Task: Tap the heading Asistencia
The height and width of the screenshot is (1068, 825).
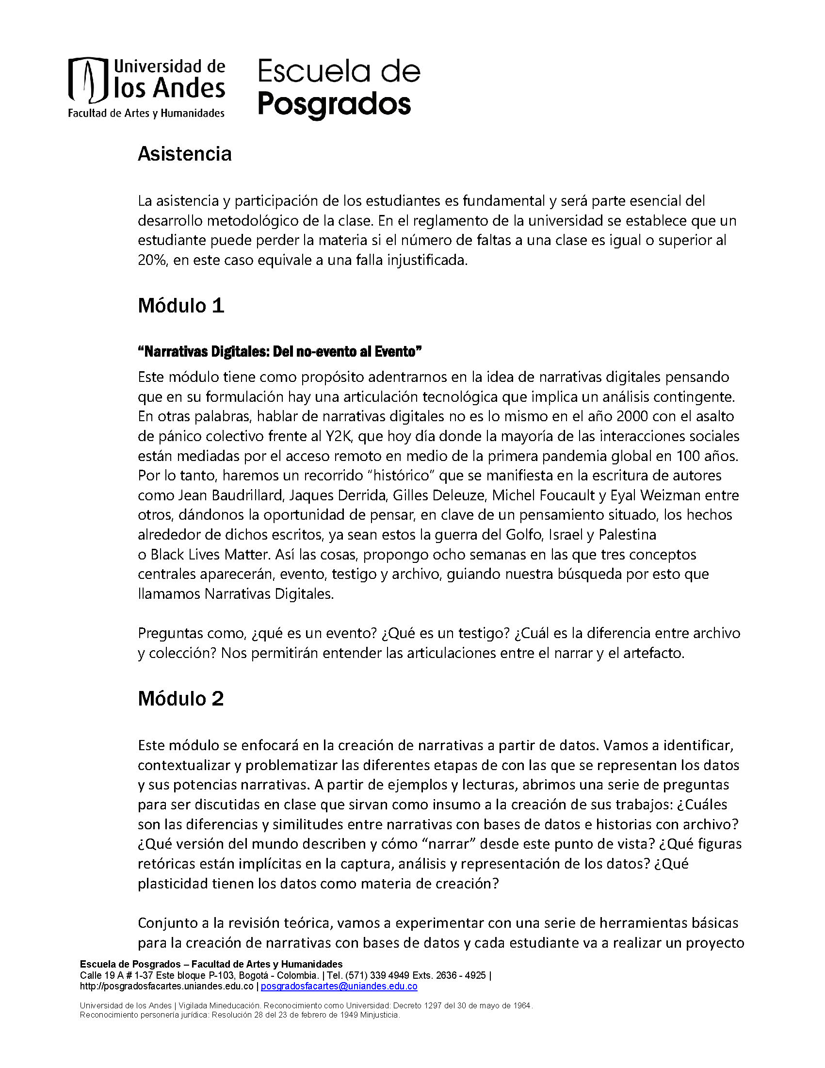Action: [x=184, y=154]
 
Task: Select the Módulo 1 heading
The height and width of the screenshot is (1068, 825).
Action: [x=181, y=306]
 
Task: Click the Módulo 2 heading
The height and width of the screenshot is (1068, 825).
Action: [x=181, y=699]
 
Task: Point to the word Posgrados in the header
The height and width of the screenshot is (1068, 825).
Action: [x=334, y=105]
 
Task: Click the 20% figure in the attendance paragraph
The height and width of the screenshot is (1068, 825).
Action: [x=153, y=260]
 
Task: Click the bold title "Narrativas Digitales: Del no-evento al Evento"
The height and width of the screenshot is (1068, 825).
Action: [x=279, y=352]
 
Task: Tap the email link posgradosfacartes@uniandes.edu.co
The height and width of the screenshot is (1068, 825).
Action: [x=339, y=986]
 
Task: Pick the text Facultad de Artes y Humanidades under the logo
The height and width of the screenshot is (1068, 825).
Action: [x=146, y=114]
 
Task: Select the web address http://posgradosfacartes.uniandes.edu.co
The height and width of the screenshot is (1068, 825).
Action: [x=167, y=986]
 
